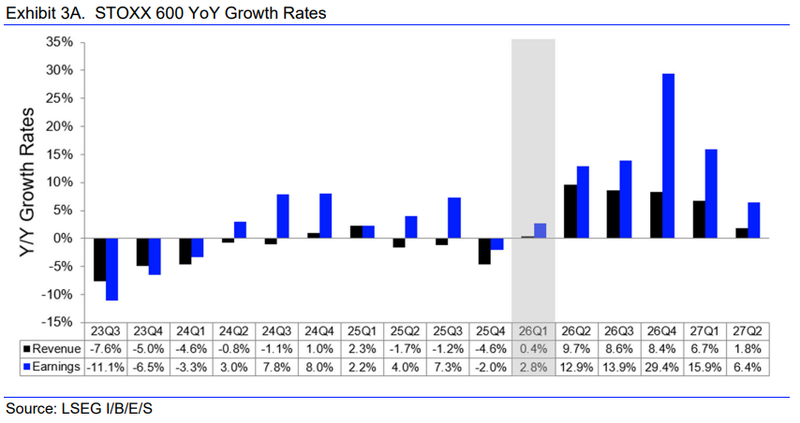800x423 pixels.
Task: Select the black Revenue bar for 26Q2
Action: (570, 211)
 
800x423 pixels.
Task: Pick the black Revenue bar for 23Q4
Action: (142, 252)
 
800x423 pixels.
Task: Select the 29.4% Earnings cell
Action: (662, 366)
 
